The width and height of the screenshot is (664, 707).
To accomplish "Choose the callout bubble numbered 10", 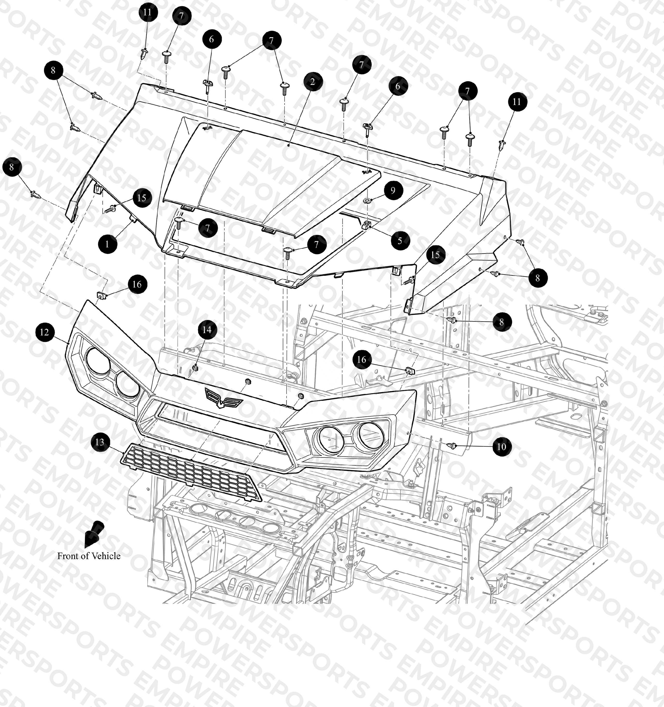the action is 502,446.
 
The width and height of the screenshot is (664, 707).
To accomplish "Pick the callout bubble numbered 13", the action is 100,442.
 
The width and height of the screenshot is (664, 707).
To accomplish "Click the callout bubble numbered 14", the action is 207,330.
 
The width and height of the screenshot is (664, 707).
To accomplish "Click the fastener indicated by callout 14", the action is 195,367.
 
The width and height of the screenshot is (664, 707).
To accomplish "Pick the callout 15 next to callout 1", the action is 141,198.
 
